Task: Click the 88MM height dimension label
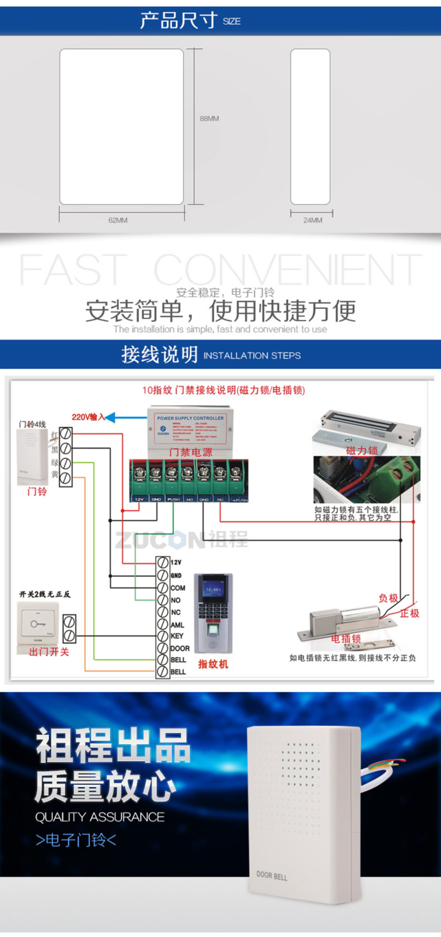coord(209,118)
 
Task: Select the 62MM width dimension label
coord(118,220)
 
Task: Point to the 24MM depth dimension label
coord(313,220)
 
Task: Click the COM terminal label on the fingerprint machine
coord(178,588)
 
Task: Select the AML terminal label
coord(177,625)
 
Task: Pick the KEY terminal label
coord(176,636)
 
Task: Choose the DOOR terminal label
coord(179,648)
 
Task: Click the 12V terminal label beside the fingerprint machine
coord(176,562)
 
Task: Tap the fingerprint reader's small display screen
coord(213,590)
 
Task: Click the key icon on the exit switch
coord(38,623)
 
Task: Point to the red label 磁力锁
coord(362,450)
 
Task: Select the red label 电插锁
coord(346,638)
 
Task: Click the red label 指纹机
coord(213,664)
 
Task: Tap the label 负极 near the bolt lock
coord(389,598)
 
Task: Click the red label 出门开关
coord(49,652)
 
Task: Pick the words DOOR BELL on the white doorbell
coord(272,876)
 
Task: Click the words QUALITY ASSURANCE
coord(99,817)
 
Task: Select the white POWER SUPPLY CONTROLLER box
coord(190,428)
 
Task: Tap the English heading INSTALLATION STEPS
coord(252,356)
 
